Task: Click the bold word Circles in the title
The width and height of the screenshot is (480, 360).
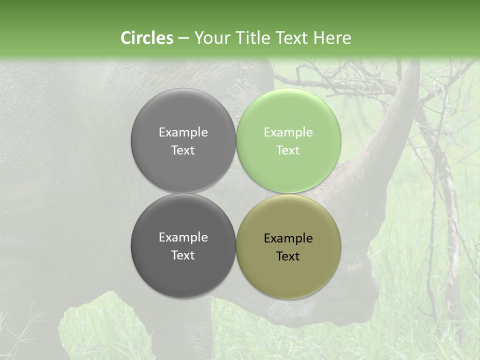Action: click(147, 38)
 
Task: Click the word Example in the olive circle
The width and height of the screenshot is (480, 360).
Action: click(288, 238)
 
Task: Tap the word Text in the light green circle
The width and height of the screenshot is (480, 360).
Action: click(288, 150)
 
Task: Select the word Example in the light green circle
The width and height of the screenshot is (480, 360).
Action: click(288, 132)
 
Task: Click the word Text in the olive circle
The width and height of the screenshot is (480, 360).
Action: click(288, 256)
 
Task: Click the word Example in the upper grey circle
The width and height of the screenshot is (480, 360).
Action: click(183, 132)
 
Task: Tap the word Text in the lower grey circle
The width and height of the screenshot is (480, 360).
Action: click(183, 255)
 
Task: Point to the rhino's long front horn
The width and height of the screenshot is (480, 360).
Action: click(395, 115)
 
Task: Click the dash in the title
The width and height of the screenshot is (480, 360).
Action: click(183, 38)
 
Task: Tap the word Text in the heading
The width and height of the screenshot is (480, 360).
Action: click(292, 38)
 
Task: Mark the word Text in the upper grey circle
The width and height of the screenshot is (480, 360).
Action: click(183, 150)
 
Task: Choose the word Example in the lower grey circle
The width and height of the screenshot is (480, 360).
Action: click(183, 237)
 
